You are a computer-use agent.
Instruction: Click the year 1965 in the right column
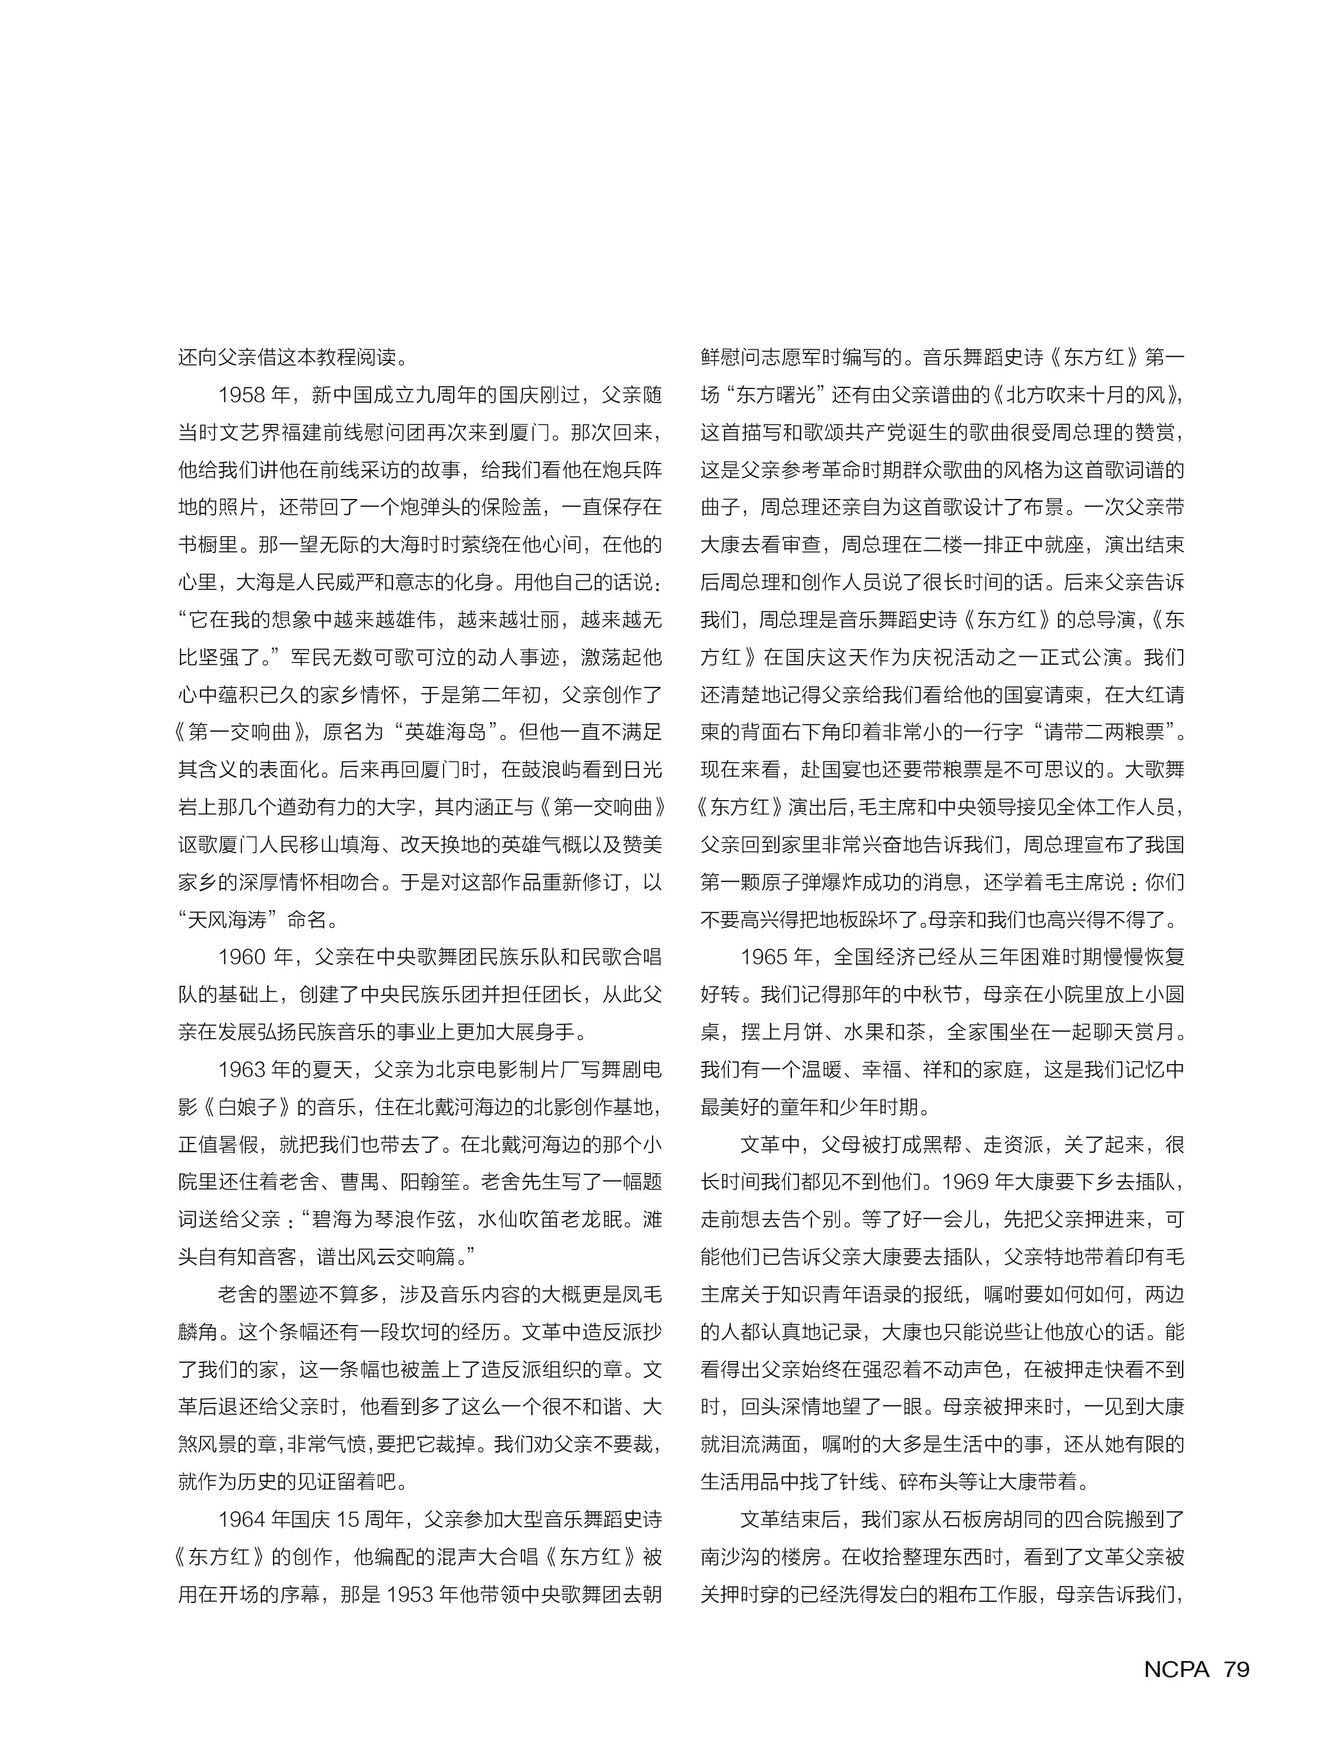click(765, 957)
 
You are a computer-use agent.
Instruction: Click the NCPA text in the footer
click(1176, 1670)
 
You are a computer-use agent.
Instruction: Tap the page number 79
click(1236, 1670)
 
